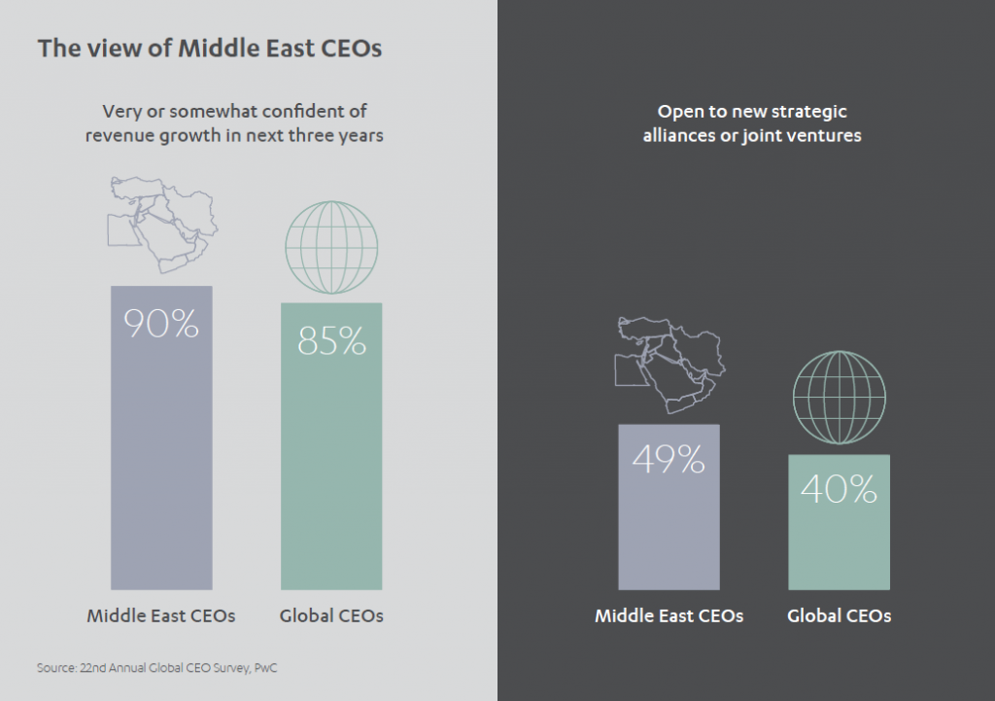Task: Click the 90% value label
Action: click(x=161, y=323)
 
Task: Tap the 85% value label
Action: click(x=331, y=340)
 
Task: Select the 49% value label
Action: click(x=669, y=459)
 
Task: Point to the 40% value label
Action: click(x=839, y=489)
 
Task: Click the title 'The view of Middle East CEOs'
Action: click(x=209, y=49)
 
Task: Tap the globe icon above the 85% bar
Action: click(x=331, y=247)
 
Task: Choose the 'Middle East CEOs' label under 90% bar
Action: click(x=161, y=615)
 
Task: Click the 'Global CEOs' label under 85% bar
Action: click(x=331, y=615)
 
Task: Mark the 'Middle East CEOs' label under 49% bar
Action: click(x=669, y=616)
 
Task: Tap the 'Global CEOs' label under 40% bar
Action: click(x=839, y=616)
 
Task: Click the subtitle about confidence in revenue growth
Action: click(x=234, y=123)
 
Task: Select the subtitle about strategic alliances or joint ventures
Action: click(x=752, y=123)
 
